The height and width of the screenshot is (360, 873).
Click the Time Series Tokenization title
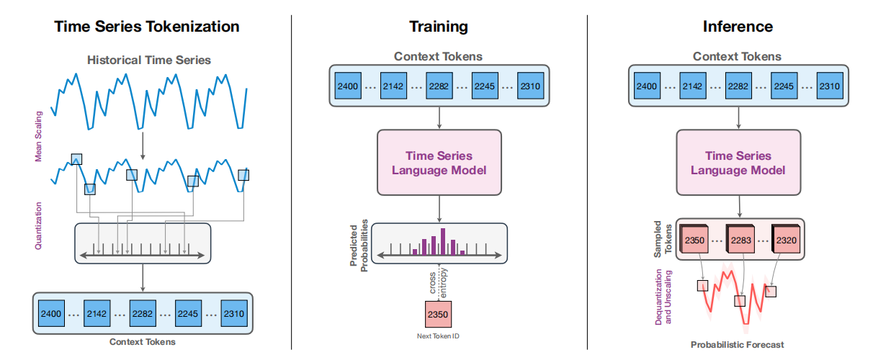pyautogui.click(x=148, y=27)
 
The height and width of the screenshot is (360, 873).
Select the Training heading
pyautogui.click(x=439, y=27)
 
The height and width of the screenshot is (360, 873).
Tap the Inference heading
pyautogui.click(x=738, y=27)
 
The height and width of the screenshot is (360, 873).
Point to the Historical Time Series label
pyautogui.click(x=149, y=60)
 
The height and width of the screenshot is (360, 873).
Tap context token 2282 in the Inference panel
pyautogui.click(x=738, y=86)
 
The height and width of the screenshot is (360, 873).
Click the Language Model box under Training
pyautogui.click(x=439, y=163)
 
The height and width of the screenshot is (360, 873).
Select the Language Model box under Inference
pyautogui.click(x=738, y=163)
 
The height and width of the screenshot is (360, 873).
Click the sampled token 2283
pyautogui.click(x=741, y=239)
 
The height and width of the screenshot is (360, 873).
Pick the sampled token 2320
pyautogui.click(x=787, y=239)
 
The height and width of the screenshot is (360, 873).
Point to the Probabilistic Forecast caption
pyautogui.click(x=736, y=345)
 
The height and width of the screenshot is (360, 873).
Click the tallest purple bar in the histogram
pyautogui.click(x=443, y=240)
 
